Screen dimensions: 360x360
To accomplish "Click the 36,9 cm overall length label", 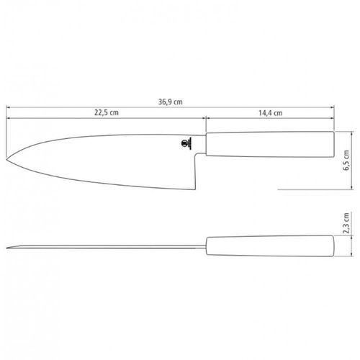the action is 170,102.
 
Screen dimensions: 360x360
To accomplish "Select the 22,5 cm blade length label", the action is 107,112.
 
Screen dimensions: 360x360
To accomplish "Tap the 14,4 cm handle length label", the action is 270,113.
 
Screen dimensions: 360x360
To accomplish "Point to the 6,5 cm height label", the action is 346,160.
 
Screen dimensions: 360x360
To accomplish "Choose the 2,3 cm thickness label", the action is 346,223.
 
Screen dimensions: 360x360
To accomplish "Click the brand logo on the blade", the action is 186,143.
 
